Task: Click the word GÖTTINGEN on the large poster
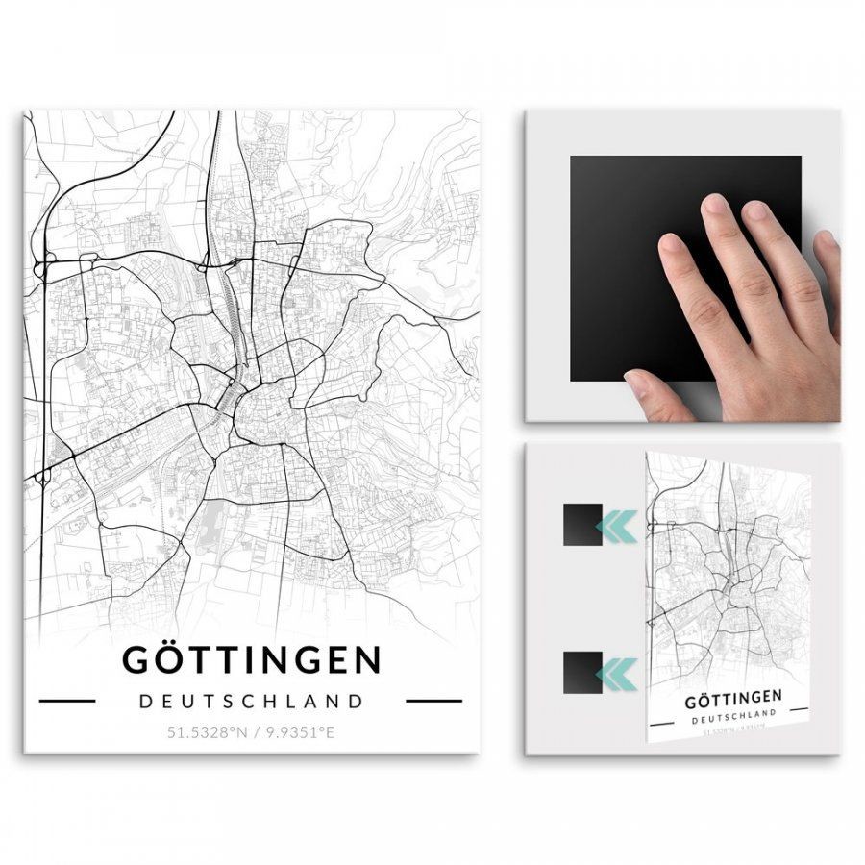[252, 660]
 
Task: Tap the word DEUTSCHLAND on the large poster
[252, 701]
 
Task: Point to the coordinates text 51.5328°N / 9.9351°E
[252, 732]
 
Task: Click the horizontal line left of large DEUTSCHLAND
[66, 701]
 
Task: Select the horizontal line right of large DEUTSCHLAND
[434, 701]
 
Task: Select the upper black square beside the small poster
[582, 525]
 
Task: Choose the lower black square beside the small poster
[582, 671]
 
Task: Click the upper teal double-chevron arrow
[617, 526]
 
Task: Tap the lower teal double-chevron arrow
[617, 672]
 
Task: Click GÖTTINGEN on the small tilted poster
[732, 698]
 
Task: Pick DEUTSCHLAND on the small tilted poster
[733, 717]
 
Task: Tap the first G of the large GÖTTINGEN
[137, 660]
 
